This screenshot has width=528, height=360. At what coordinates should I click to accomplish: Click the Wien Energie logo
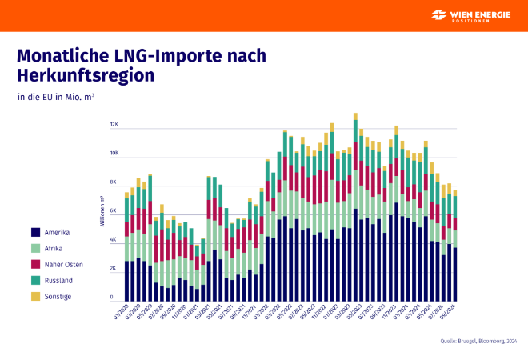tap(473, 15)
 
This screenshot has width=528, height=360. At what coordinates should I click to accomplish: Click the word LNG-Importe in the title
tap(166, 57)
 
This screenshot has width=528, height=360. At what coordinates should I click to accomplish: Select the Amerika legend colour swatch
tap(35, 233)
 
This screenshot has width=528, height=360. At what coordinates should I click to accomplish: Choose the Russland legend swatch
tap(35, 280)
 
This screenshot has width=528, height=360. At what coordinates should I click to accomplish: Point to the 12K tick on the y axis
tap(114, 125)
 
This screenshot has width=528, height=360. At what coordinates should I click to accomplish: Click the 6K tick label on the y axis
tap(114, 211)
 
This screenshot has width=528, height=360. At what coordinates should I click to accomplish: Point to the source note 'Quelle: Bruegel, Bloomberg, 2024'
tap(478, 342)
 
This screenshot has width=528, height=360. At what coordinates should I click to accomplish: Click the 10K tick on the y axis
tap(114, 154)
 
